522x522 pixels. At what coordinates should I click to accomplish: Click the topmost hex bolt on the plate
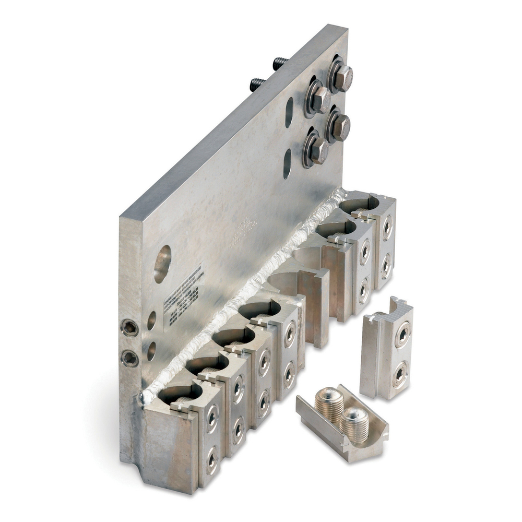coord(341,76)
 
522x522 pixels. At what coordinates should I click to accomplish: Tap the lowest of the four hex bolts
coord(316,150)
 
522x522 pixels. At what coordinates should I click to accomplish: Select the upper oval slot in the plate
coord(289,112)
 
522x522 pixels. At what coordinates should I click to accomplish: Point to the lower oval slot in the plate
coord(287,163)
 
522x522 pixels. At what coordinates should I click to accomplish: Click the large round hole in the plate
coord(162,264)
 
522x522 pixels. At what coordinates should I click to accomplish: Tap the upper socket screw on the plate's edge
coord(129,328)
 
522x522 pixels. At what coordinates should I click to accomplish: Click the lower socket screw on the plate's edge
coord(129,358)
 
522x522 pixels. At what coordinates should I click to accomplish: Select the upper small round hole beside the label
coord(151,320)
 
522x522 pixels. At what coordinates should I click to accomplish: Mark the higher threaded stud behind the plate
coord(280,64)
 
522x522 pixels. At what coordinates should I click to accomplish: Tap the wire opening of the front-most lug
coord(179,394)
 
